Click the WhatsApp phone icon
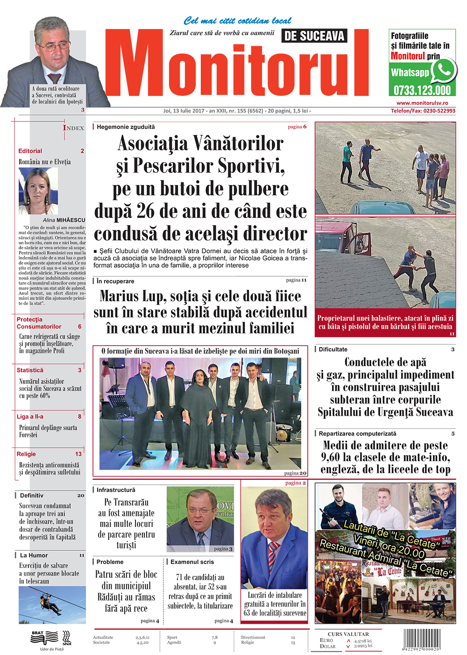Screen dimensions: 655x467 (443, 71)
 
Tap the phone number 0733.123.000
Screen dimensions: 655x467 (422, 90)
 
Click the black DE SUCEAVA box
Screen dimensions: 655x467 (314, 36)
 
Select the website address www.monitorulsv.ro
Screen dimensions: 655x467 (422, 103)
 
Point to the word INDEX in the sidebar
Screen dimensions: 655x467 (74, 128)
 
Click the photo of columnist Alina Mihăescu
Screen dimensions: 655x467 (38, 191)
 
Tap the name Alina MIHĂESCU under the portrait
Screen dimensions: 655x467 (64, 220)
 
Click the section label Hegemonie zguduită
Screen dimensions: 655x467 (126, 127)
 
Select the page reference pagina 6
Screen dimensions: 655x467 (297, 127)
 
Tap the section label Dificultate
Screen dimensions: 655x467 (333, 349)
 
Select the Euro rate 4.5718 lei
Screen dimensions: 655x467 (363, 641)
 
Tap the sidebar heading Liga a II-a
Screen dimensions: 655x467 (30, 416)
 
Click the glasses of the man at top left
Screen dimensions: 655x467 (55, 47)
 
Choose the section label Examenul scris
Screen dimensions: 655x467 (192, 562)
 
